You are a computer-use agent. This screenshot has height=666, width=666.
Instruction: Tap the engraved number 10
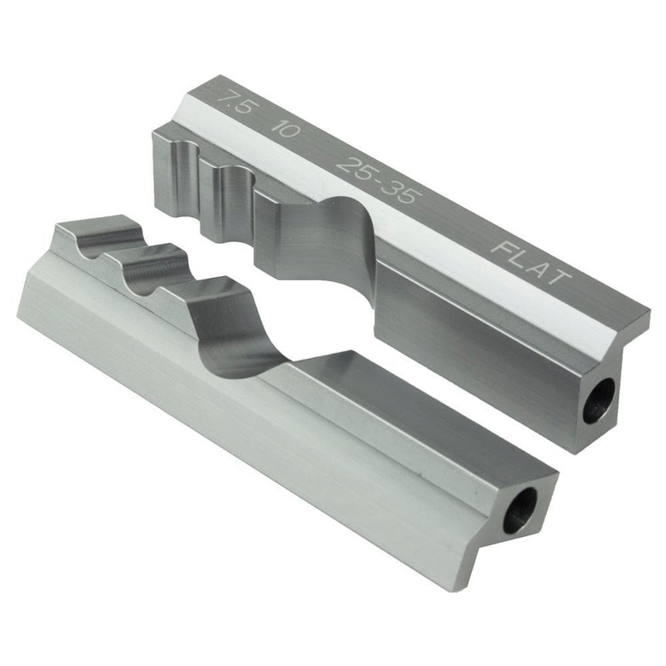click(x=288, y=130)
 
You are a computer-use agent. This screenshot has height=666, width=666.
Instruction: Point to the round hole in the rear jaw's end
click(x=599, y=400)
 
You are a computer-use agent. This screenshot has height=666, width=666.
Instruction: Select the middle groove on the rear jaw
click(x=235, y=187)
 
